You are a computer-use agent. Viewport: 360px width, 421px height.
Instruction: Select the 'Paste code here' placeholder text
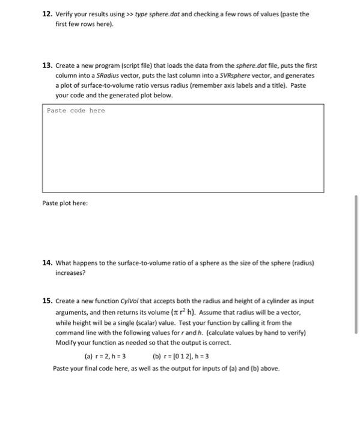coord(76,111)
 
